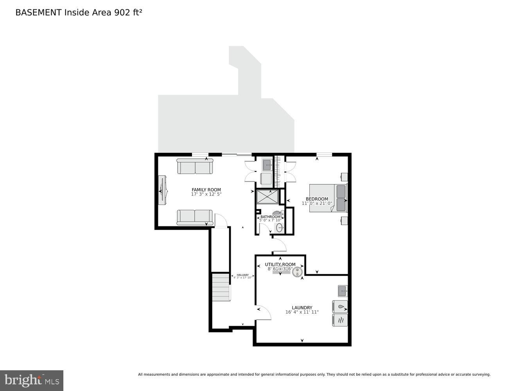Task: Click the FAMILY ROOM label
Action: tap(206, 190)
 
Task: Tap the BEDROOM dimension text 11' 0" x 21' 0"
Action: tap(317, 203)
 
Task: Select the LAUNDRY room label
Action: tap(302, 307)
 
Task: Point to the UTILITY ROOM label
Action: tap(280, 265)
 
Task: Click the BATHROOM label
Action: tap(270, 217)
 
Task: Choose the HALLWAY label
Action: tap(242, 275)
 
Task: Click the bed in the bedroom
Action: tap(328, 198)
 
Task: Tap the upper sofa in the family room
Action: tap(195, 166)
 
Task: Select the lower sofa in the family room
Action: tap(195, 217)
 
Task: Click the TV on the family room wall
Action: tap(162, 190)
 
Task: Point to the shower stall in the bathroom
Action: tap(267, 197)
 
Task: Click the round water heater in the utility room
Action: tap(298, 271)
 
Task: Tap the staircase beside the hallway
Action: tap(221, 287)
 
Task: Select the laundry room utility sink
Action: tap(343, 291)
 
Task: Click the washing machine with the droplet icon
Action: tap(340, 307)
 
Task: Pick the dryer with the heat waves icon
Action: tap(340, 320)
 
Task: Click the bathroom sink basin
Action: tap(279, 228)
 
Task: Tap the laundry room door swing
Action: tap(263, 313)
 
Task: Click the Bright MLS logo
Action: tap(32, 380)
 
